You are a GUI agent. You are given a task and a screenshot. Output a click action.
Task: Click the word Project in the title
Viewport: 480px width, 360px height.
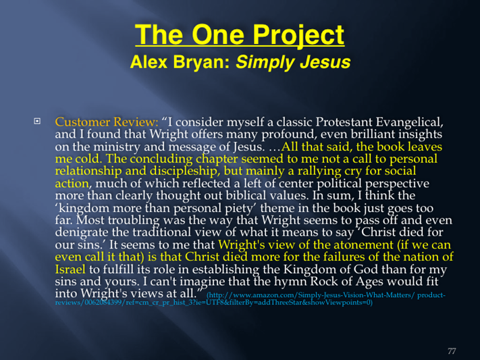click(x=298, y=35)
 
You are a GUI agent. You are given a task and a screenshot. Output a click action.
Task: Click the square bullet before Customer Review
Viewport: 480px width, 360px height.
click(x=37, y=122)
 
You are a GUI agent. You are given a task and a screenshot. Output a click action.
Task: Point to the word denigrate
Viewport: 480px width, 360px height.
click(x=81, y=232)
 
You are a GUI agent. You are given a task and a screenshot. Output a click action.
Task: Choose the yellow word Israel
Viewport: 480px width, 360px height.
click(x=70, y=269)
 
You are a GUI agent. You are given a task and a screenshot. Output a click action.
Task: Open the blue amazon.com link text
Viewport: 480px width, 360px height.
click(x=250, y=299)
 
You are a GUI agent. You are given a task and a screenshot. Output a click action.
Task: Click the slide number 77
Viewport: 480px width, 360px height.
click(x=452, y=351)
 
